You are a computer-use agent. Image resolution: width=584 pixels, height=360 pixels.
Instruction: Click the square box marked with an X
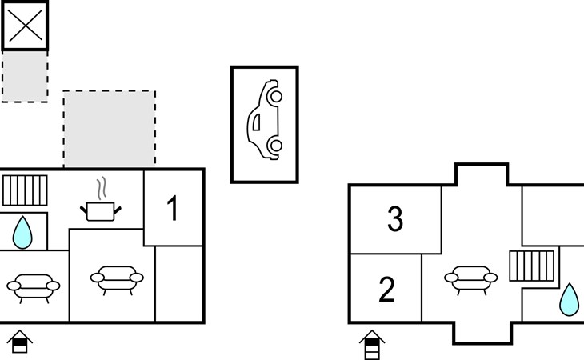(x=25, y=26)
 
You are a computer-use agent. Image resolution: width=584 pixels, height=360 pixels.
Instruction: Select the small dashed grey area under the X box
(x=25, y=76)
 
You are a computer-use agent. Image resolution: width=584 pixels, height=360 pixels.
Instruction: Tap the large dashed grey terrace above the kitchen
(x=110, y=129)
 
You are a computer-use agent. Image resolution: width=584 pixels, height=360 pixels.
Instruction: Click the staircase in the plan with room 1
(x=25, y=190)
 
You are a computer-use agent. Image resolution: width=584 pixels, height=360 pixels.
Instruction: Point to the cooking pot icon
(x=101, y=211)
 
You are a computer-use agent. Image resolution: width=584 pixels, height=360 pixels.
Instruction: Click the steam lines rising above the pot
(x=102, y=189)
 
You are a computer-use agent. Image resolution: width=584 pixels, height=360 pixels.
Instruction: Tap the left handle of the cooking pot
(x=84, y=210)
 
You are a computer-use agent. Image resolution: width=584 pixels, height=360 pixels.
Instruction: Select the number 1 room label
(x=173, y=208)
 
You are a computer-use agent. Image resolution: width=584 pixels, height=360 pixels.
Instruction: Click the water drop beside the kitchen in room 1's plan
(x=22, y=233)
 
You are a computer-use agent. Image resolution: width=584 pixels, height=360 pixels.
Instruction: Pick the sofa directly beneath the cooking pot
(x=117, y=280)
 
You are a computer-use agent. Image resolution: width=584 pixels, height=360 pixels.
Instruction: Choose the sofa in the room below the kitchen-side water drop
(x=33, y=289)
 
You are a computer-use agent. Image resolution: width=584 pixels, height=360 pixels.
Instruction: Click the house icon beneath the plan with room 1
(x=20, y=342)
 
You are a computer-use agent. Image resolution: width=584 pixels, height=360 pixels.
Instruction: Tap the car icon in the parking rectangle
(x=265, y=120)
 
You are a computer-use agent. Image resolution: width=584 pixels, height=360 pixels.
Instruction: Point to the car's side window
(x=257, y=122)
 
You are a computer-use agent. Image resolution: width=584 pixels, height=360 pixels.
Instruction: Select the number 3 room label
(x=395, y=219)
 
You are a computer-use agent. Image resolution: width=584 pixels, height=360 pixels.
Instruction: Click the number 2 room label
(x=386, y=290)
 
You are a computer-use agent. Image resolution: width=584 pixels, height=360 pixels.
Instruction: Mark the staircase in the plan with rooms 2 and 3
(x=532, y=266)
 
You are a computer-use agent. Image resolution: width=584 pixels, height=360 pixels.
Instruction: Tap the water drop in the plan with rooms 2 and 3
(x=570, y=300)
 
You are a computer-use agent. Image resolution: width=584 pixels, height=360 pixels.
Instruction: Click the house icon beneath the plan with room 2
(x=372, y=344)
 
